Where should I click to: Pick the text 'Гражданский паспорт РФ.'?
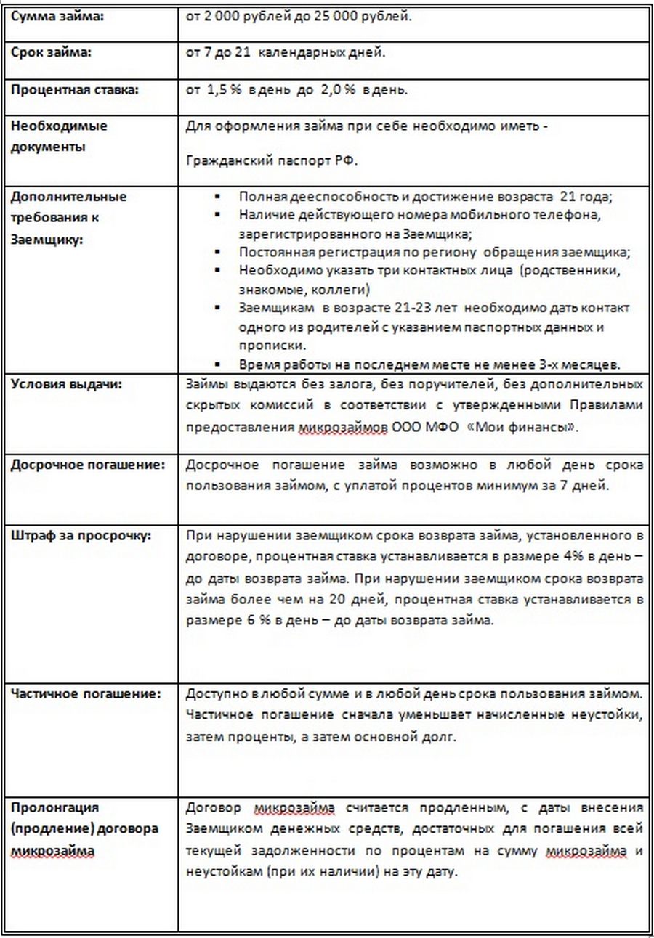(272, 162)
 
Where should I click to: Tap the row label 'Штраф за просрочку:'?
(81, 537)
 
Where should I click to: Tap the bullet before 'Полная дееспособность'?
(217, 197)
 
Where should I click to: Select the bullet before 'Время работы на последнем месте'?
(217, 364)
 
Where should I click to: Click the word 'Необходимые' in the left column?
(59, 126)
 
